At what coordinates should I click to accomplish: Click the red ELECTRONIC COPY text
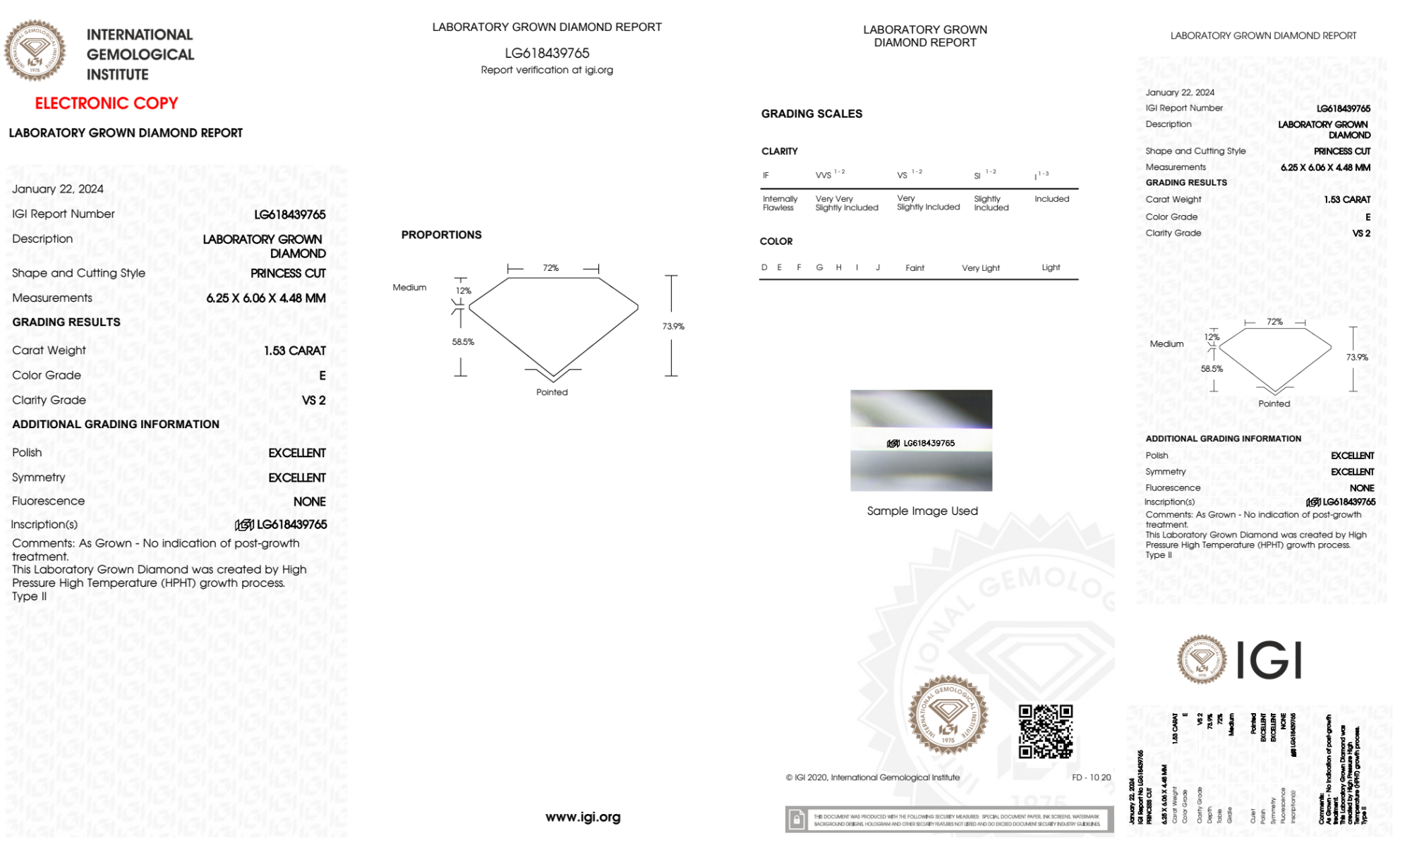pos(107,104)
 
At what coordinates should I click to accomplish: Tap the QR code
pos(1045,731)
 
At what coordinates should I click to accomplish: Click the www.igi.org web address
pos(583,817)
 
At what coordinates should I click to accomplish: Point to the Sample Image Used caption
pos(922,511)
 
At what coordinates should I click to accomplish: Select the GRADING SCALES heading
pos(811,114)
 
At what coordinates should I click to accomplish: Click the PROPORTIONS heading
pos(441,235)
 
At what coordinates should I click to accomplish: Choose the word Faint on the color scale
pos(915,268)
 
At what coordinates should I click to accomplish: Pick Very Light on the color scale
pos(980,268)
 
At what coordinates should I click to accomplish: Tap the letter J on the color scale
pos(878,267)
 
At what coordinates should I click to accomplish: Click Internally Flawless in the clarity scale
pos(780,203)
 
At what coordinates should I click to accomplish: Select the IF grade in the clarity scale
pos(766,176)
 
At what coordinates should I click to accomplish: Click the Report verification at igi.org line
pos(547,70)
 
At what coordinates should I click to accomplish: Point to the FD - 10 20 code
pos(1091,777)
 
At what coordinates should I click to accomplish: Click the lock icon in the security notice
pos(797,820)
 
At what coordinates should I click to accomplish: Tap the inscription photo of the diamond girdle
pos(921,440)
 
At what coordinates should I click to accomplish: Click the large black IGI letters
pos(1269,660)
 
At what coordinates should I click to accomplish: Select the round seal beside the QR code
pos(948,715)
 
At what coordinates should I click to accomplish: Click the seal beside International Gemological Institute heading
pos(35,50)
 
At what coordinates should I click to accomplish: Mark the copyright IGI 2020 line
pos(873,777)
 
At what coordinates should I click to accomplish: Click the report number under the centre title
pos(547,53)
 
